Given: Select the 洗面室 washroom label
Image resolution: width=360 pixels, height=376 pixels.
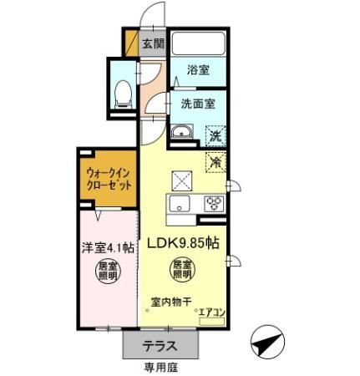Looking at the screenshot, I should coord(198,104).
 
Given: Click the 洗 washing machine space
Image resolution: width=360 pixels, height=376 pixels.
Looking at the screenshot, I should coord(215,134).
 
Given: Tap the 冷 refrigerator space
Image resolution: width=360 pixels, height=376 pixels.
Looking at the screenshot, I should coord(215,160).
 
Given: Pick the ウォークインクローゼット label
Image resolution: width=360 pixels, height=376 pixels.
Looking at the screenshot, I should coord(109,178).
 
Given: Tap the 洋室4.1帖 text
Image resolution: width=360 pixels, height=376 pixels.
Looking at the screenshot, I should coord(107,247).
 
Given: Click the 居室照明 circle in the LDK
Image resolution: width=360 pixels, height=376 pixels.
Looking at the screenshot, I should coord(183,270).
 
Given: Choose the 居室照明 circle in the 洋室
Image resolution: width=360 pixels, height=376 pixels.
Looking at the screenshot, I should coord(107,274).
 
